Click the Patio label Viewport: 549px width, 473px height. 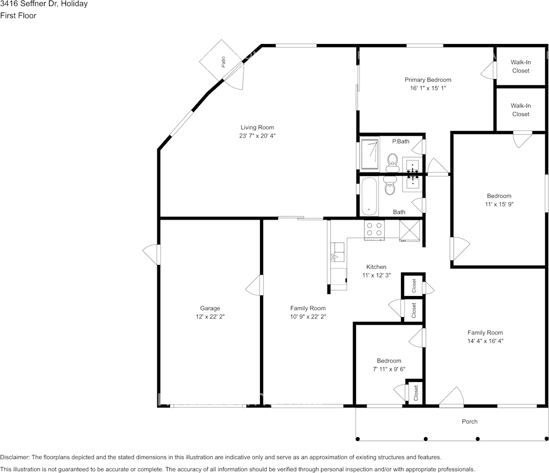223,62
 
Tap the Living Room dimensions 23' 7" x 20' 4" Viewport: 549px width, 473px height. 257,136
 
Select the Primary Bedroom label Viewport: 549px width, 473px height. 428,80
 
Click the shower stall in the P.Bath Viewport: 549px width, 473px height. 369,154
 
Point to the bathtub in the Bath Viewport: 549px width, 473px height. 369,196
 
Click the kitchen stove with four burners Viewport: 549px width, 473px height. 374,229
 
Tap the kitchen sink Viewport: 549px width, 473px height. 337,252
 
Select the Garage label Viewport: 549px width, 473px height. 210,308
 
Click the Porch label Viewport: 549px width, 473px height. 469,421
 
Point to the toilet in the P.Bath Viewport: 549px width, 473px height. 392,162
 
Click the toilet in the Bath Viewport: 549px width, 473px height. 389,185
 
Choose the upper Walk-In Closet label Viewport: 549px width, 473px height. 520,66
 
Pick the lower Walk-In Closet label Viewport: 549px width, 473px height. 520,110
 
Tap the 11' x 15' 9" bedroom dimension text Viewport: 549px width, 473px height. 499,204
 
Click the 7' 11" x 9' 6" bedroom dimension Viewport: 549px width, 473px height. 389,369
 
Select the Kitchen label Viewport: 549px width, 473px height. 376,267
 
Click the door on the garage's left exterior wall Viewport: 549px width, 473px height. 151,254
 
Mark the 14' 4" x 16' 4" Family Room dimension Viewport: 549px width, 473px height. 485,341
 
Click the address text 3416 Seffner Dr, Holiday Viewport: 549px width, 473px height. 44,4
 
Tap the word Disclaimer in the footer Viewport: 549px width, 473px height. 14,457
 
